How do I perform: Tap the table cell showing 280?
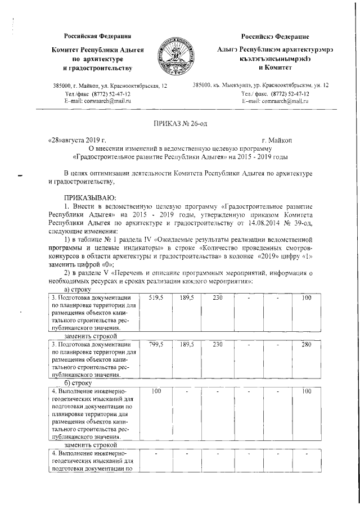306,344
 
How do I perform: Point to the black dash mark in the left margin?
21,176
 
